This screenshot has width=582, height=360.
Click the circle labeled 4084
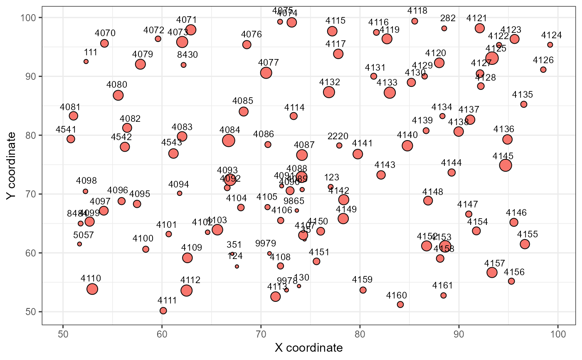tap(229, 141)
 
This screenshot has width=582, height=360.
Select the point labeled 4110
tap(92, 289)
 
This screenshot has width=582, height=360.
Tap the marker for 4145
tap(506, 165)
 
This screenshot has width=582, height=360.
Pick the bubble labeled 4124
tap(550, 45)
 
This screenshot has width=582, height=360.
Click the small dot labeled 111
tap(86, 62)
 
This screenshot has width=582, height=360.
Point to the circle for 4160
tap(400, 304)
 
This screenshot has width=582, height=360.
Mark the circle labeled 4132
tap(329, 92)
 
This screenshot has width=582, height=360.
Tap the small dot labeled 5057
tap(79, 244)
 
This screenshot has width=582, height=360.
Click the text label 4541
tap(66, 130)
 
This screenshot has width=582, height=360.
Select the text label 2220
tap(338, 136)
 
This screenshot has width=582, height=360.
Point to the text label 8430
tap(187, 54)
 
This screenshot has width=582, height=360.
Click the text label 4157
tap(495, 263)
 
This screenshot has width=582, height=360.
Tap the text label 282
tap(448, 18)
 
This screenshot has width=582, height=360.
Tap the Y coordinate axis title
tap(12, 166)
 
